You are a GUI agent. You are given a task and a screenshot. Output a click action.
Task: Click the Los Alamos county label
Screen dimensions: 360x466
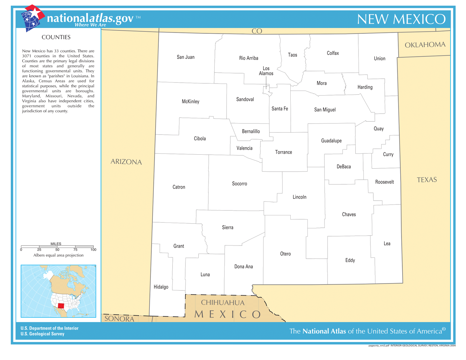266,71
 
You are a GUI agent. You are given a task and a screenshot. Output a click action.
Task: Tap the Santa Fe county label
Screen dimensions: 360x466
280,109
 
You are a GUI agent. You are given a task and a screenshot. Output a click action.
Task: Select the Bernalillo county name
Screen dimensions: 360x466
251,131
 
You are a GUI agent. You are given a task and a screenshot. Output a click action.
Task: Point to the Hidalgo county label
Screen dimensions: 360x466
161,287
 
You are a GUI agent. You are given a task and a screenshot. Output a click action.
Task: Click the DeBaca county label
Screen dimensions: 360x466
344,167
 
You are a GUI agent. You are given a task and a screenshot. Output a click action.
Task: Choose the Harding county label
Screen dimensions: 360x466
365,87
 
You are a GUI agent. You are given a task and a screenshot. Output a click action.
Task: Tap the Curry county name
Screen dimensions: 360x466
388,154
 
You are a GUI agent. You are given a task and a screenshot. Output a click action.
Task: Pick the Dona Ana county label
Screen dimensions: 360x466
243,267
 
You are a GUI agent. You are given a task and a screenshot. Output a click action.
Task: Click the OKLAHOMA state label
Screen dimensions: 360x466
425,45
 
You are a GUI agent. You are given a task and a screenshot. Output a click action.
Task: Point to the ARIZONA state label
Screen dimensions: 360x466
126,162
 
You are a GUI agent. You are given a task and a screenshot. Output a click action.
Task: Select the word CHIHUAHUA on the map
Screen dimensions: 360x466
223,303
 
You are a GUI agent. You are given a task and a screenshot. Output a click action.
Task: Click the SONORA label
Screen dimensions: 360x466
119,319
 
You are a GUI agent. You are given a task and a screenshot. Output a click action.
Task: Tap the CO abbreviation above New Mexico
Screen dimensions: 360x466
257,31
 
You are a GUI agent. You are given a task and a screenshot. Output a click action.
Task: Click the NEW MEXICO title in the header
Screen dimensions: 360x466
401,19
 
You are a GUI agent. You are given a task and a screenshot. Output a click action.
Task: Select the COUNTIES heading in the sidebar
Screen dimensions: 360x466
56,37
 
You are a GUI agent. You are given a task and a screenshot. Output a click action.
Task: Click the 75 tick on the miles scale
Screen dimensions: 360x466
75,250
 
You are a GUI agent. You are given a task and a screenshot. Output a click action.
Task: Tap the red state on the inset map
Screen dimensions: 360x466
61,306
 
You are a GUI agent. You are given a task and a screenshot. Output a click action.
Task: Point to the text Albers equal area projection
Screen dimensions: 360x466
58,255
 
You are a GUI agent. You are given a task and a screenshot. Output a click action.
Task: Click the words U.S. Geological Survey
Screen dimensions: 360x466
43,334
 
